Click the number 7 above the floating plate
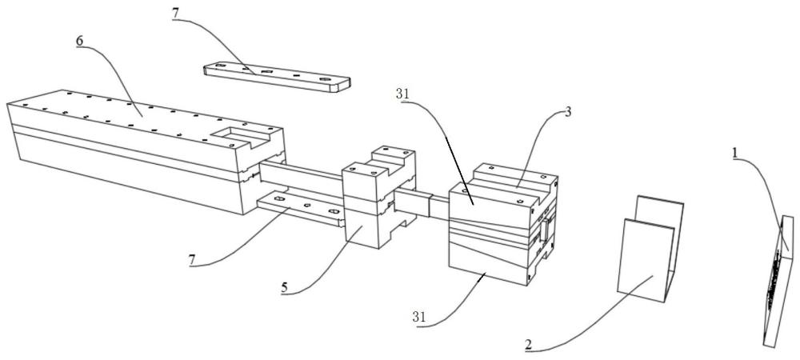point(175,14)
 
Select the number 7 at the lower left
point(191,260)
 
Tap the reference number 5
point(284,288)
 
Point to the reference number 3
point(568,112)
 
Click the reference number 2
point(528,344)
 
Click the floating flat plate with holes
point(277,77)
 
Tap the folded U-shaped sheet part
point(650,249)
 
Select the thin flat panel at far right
point(778,282)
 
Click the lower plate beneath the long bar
point(301,209)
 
